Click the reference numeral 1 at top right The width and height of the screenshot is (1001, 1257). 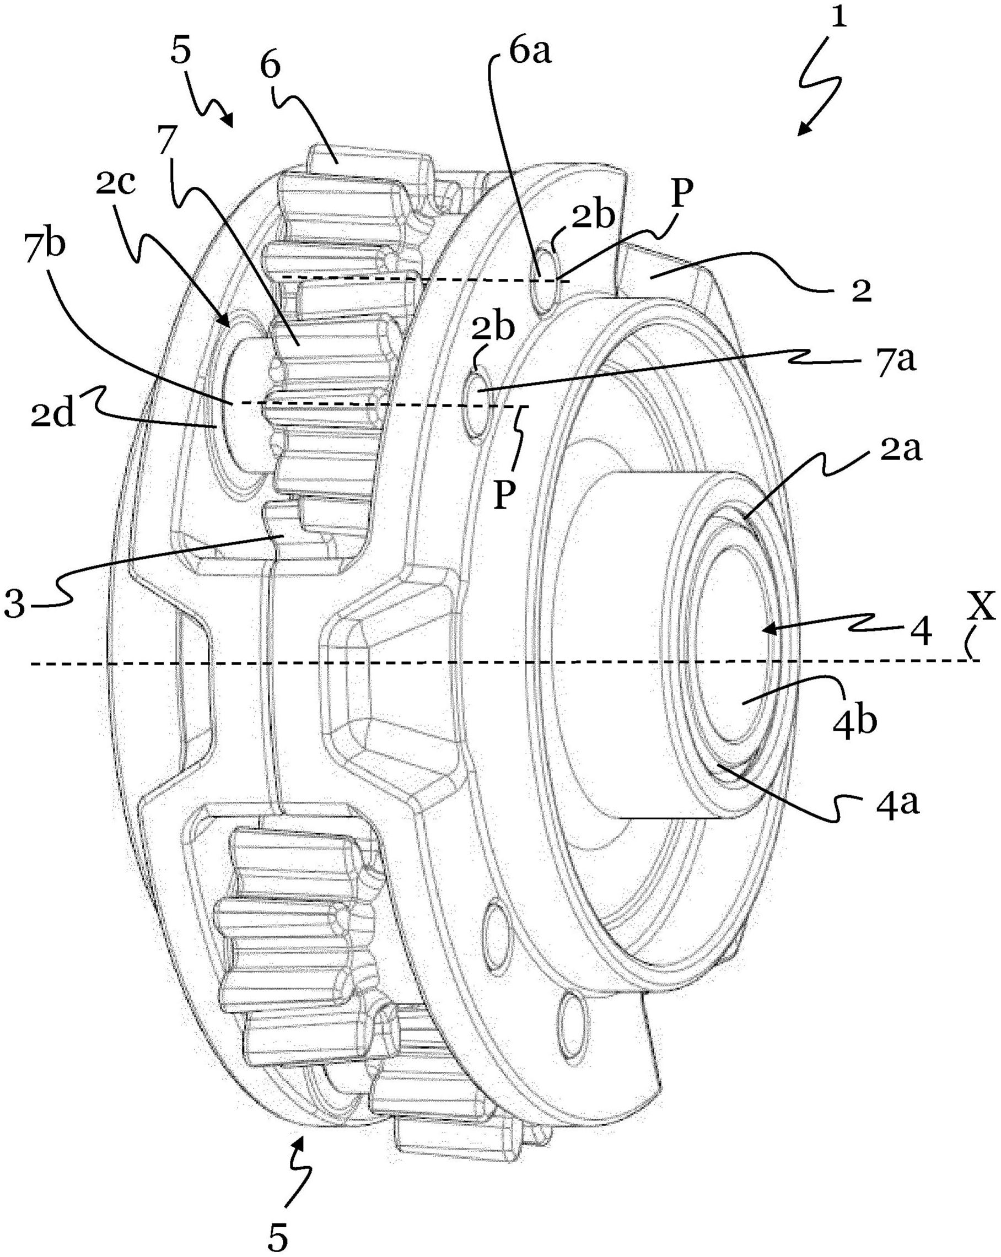838,19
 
